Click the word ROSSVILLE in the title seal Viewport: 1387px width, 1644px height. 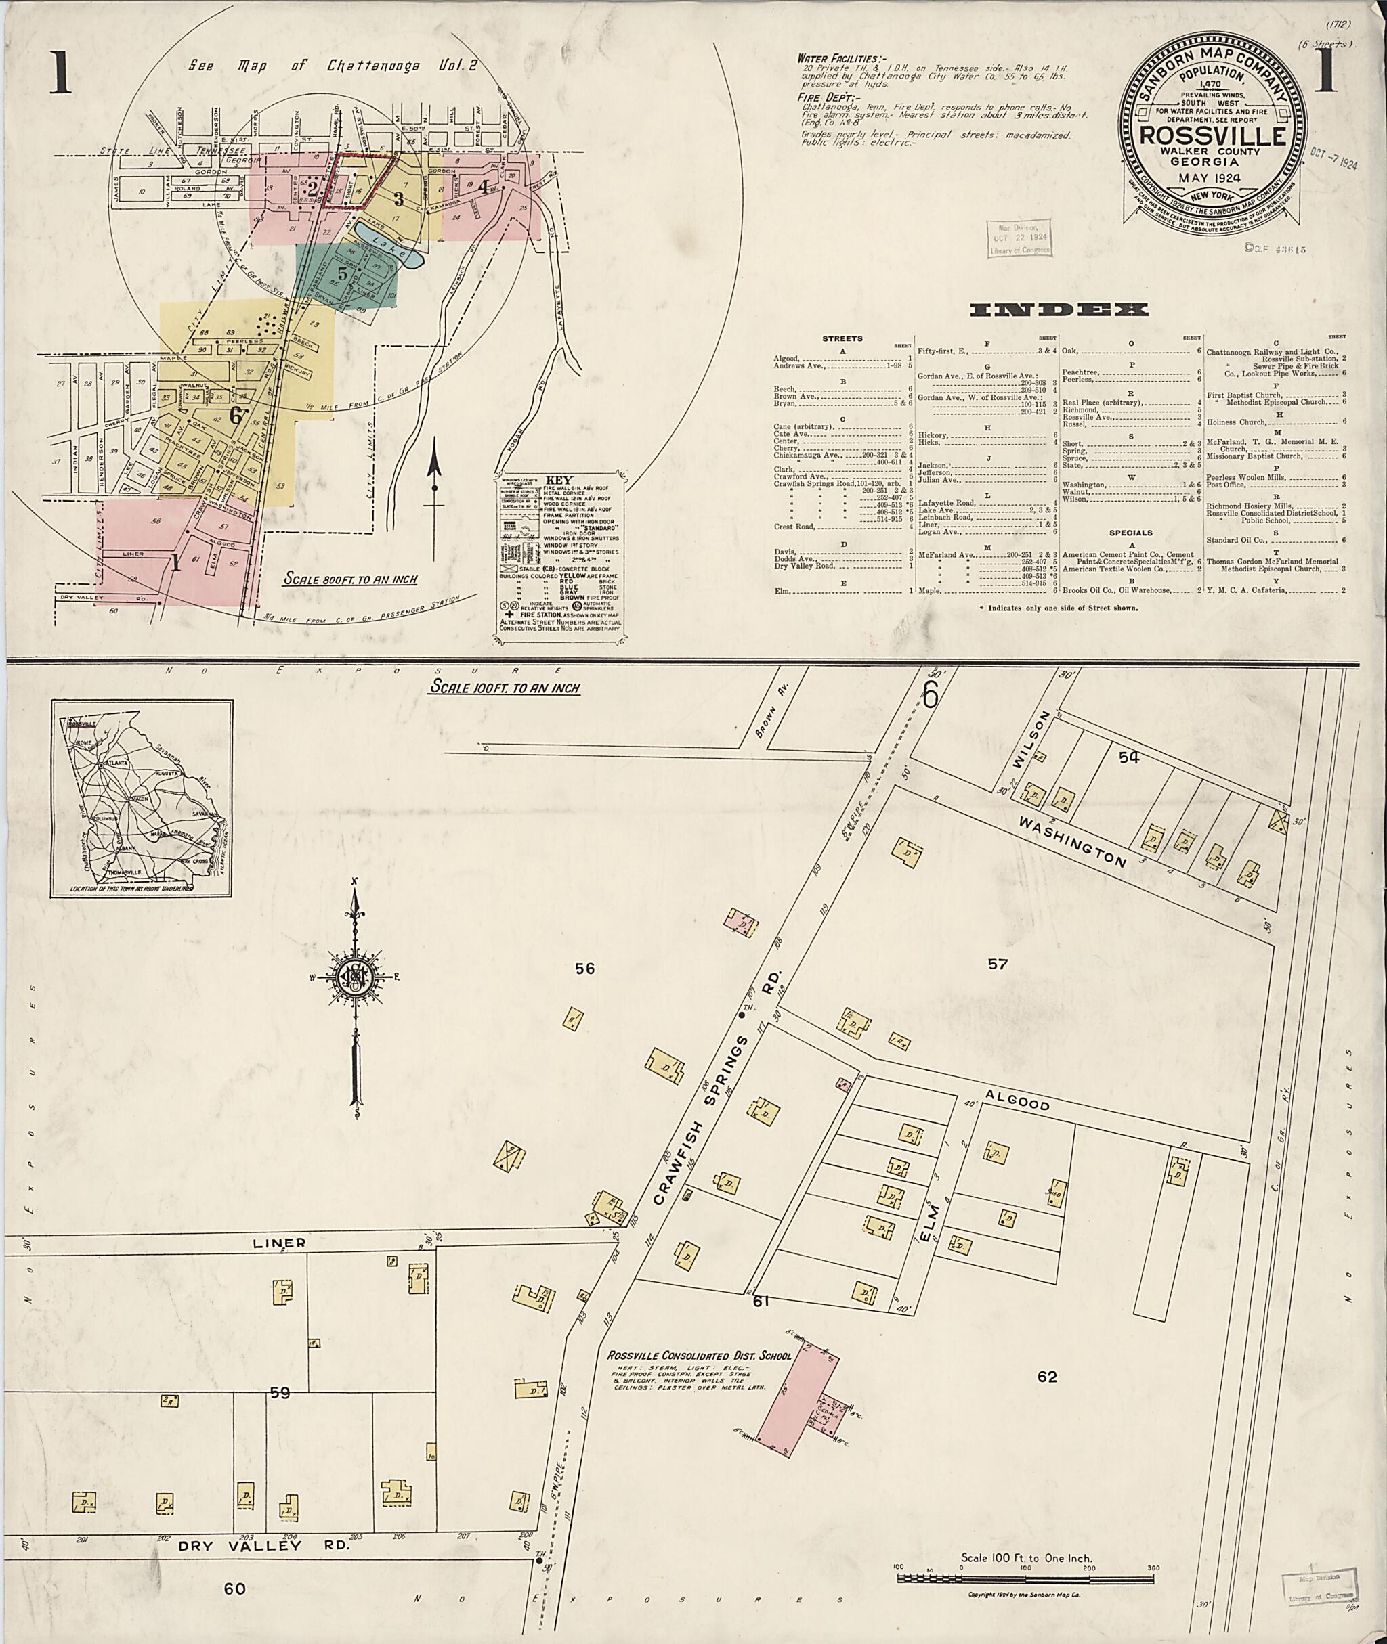[1213, 135]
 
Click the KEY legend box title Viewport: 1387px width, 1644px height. [562, 480]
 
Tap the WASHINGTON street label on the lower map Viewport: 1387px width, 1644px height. [1073, 840]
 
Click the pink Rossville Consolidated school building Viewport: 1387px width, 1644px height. [796, 1404]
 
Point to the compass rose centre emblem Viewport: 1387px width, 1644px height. [355, 977]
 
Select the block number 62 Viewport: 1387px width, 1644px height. [1046, 1377]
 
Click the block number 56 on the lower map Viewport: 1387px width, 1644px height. [584, 969]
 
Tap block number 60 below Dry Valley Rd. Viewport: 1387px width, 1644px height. [234, 1589]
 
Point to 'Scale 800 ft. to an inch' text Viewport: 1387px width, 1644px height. [351, 580]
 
